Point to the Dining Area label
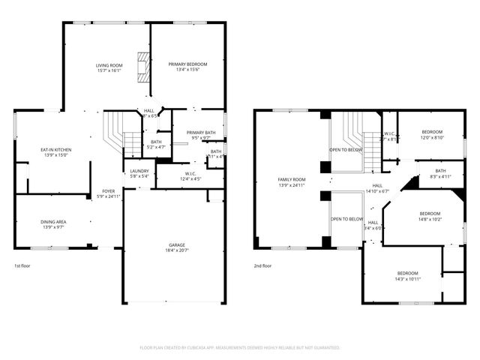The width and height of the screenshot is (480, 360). [52, 222]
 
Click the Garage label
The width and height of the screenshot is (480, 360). [176, 245]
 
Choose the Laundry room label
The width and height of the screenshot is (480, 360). [139, 171]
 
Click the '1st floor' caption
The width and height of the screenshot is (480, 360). [23, 265]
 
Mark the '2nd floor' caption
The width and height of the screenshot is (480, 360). [262, 265]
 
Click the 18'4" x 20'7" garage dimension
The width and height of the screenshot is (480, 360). [176, 251]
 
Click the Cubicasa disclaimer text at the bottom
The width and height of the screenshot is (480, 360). [240, 348]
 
